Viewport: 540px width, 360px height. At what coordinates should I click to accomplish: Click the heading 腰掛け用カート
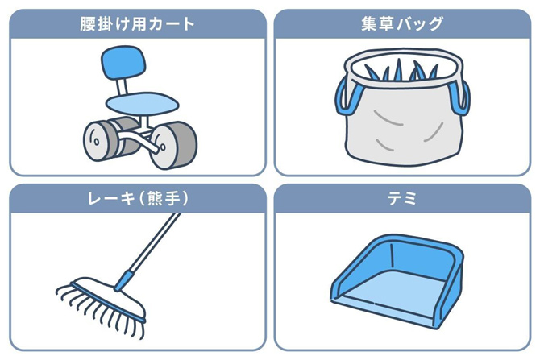[x=138, y=23]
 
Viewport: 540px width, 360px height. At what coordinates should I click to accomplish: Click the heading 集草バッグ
[x=402, y=23]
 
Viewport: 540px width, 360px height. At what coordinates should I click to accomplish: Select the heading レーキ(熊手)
[x=138, y=198]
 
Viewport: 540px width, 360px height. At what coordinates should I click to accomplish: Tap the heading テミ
[x=402, y=198]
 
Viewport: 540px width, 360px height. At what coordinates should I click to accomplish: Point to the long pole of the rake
[x=153, y=242]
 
